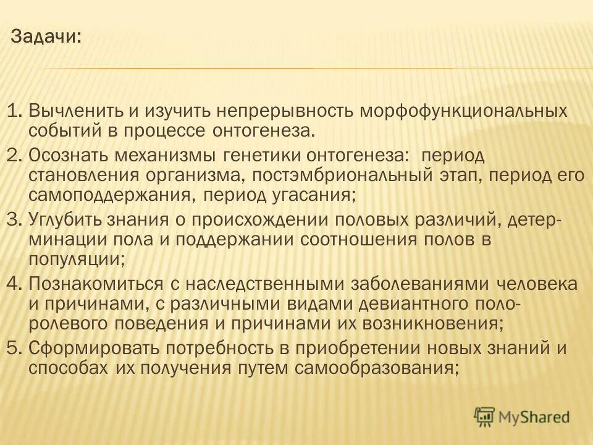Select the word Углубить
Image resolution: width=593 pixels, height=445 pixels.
tap(66, 219)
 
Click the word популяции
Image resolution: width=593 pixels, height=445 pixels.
tap(77, 260)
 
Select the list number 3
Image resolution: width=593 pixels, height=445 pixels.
tap(14, 219)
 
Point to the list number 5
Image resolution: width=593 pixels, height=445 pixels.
tap(14, 348)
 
